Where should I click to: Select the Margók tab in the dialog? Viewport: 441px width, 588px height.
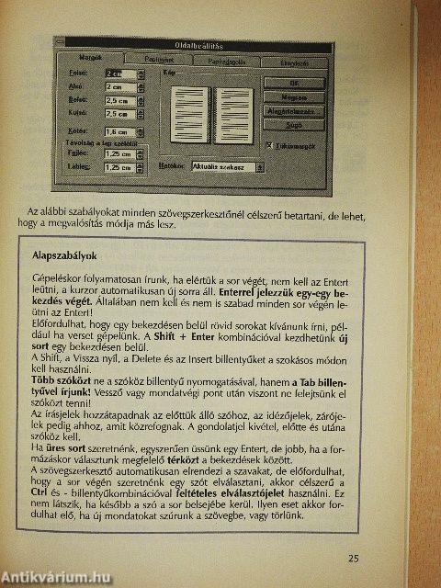pos(88,59)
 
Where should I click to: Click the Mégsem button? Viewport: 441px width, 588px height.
pos(293,96)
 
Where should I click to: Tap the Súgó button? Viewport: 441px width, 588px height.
pos(293,125)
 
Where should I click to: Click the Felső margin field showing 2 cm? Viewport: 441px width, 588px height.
pos(119,73)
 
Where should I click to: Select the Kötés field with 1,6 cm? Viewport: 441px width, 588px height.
pos(119,133)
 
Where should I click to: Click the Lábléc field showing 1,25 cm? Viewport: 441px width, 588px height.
pos(118,168)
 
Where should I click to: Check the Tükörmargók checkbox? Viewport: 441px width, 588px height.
pos(267,145)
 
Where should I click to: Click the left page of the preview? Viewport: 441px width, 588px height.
pos(189,114)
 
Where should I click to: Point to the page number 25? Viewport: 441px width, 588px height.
pos(355,557)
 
